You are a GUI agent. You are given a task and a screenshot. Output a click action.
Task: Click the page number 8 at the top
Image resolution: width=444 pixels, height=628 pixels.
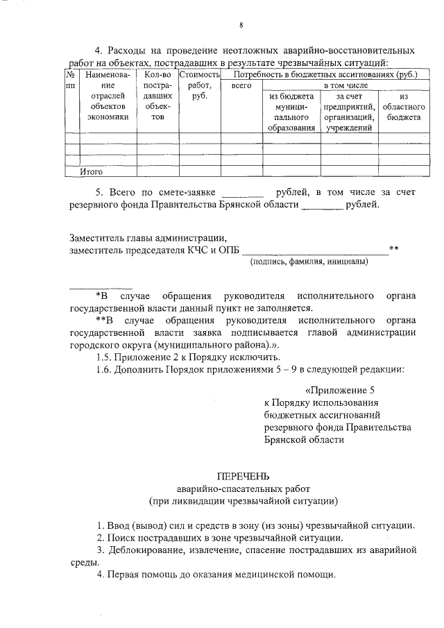[241, 26]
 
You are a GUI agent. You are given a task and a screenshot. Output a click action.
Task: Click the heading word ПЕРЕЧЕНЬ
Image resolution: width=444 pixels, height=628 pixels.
[242, 477]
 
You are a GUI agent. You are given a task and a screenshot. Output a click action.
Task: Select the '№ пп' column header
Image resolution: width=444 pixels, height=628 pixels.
[71, 79]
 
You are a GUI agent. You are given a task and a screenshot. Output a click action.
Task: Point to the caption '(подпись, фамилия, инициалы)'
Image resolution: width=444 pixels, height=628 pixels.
[309, 262]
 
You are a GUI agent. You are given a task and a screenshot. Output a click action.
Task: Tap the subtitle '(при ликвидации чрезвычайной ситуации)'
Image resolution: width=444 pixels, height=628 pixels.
[242, 500]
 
